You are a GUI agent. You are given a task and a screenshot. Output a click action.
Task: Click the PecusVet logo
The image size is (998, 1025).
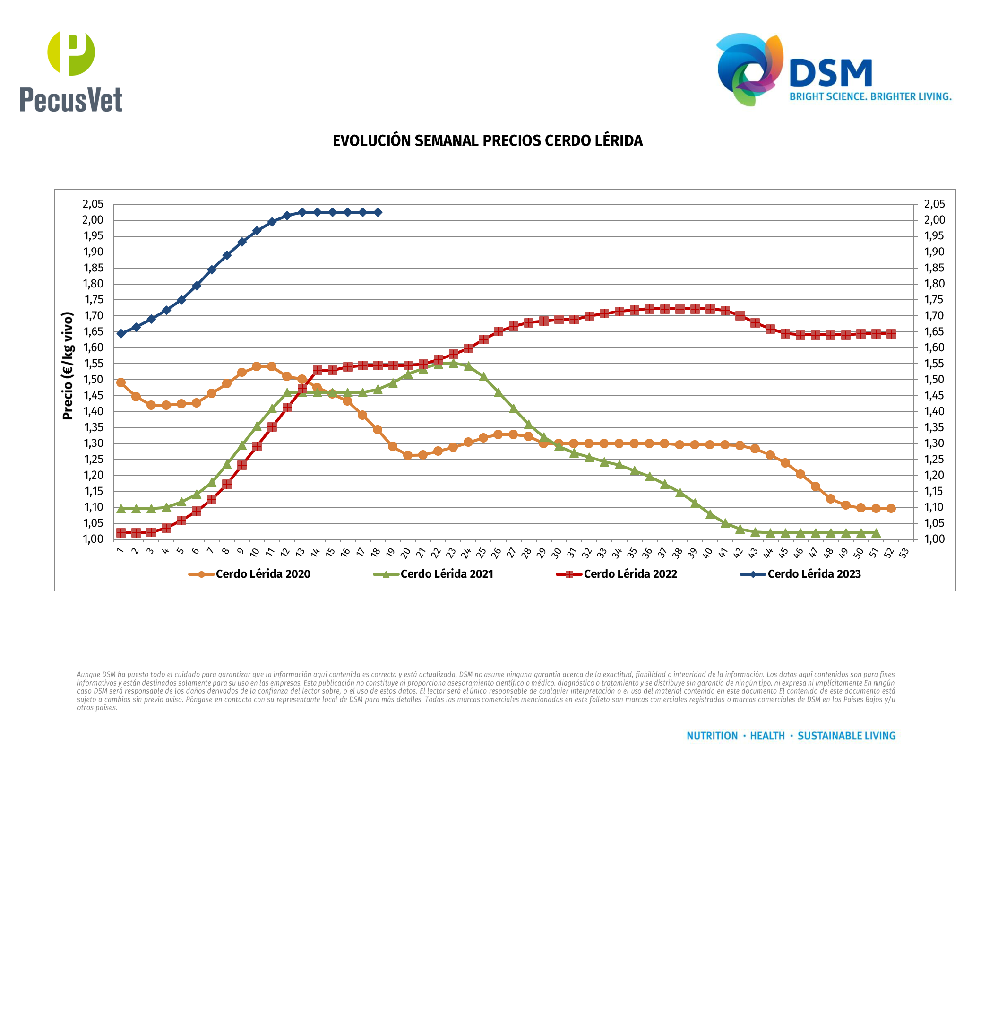coord(71,71)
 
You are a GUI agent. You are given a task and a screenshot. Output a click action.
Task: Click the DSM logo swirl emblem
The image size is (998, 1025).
coord(749,69)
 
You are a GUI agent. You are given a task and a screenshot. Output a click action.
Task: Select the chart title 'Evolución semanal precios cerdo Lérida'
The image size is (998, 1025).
coord(488,140)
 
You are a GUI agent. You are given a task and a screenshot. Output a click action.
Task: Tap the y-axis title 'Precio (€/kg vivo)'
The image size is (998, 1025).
coord(68,365)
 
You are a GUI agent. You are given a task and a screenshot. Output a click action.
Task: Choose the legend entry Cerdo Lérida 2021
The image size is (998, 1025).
coord(447,574)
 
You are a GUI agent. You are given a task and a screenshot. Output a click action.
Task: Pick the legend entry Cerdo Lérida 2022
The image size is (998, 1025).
coord(630,574)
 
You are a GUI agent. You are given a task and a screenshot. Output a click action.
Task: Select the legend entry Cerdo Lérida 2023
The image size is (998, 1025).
coord(814,574)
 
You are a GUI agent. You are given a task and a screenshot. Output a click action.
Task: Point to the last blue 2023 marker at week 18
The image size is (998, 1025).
coord(378,212)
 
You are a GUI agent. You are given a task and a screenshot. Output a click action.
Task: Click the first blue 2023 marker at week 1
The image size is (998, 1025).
coord(121,334)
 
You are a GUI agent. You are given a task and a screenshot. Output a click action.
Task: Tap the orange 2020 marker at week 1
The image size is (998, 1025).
coord(121,382)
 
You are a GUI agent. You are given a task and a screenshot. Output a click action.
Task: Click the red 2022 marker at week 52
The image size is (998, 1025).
coord(891,334)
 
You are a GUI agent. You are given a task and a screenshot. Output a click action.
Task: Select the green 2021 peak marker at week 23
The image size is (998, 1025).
coord(453,363)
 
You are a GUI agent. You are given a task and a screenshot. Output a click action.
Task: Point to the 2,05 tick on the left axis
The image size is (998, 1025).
coord(93,204)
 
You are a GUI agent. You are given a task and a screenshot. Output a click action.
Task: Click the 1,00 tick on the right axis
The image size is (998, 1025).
coord(934,539)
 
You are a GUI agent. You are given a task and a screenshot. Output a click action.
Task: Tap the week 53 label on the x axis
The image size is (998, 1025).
coord(904,552)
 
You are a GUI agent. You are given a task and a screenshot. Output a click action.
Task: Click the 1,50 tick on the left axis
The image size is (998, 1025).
coord(93,379)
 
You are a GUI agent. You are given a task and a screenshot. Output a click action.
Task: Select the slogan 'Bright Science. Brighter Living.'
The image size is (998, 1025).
coord(870,96)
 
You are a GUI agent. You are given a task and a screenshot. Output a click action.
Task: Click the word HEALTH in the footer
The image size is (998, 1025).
coord(767,736)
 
